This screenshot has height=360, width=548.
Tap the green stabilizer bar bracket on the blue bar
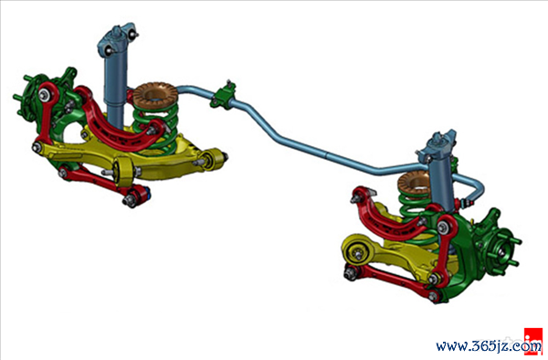point(224,95)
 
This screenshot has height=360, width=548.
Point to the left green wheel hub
point(31,94)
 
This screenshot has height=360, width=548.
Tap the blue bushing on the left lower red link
point(146,194)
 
